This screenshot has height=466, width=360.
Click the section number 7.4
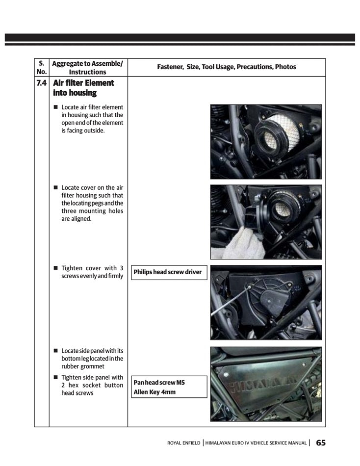point(41,83)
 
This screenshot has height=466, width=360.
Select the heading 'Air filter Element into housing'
point(83,88)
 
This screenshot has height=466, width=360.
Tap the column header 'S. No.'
point(41,67)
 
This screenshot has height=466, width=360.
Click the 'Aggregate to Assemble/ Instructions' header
point(87,67)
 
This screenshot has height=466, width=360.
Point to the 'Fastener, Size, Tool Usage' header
point(226,67)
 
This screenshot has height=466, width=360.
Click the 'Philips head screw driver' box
point(167,272)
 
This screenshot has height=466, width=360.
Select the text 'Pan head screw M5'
point(159,383)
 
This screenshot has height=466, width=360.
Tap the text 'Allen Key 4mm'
point(154,392)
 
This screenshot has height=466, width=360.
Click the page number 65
point(321,442)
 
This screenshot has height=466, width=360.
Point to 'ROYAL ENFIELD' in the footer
point(183,443)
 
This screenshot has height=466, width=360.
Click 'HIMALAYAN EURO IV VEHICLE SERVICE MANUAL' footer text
point(257,443)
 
